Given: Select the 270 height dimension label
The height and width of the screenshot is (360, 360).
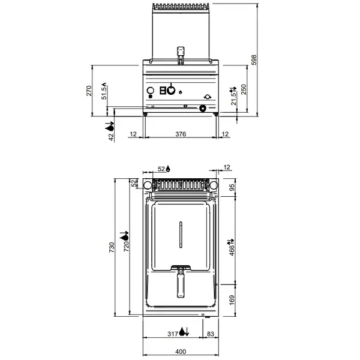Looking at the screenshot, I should tap(89, 91).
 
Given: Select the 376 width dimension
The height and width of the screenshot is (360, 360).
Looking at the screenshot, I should tap(180, 134).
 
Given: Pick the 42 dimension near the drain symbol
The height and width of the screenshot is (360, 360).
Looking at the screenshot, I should tap(110, 137).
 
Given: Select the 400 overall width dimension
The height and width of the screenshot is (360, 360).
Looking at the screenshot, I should tap(180, 352).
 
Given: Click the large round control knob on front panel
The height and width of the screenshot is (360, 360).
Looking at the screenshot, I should tap(171, 91).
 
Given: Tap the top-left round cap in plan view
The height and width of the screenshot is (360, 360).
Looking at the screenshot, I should tap(146, 185).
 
